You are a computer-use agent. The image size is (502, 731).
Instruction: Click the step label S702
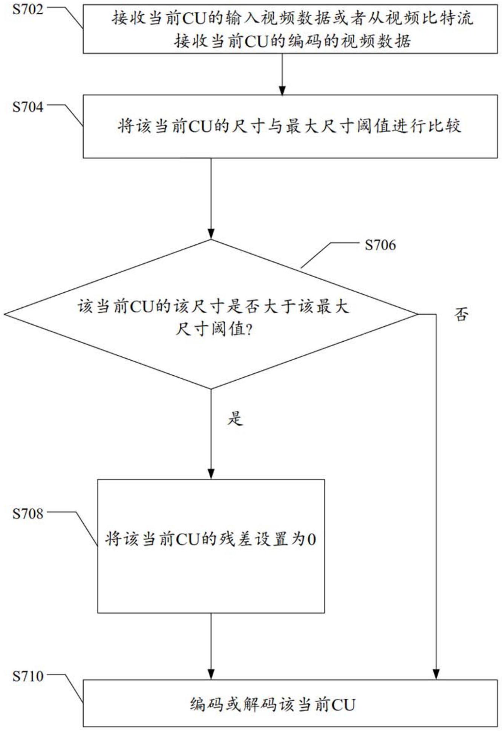tap(28, 9)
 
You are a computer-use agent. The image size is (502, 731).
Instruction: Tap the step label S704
tap(28, 107)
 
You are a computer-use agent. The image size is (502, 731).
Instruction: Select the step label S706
tap(380, 245)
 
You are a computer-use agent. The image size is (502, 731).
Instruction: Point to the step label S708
tap(28, 513)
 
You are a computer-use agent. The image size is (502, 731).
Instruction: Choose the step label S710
tap(28, 676)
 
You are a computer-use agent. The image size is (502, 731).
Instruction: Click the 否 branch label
tap(461, 314)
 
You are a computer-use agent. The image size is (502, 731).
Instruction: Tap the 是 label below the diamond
tap(235, 418)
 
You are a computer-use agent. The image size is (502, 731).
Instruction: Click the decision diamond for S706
tap(211, 314)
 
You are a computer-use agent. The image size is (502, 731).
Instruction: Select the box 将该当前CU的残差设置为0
tap(211, 546)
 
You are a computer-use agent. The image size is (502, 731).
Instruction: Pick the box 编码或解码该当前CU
tap(290, 703)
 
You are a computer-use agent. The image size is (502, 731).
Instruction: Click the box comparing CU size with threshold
tap(290, 126)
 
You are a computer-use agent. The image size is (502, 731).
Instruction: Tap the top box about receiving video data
tap(290, 29)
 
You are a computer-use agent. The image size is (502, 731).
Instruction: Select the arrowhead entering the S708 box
tap(211, 474)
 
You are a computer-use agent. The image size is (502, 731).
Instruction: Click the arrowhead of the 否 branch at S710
tap(436, 675)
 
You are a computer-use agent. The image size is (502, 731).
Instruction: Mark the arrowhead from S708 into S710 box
tap(211, 675)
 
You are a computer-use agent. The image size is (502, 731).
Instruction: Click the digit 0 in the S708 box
tap(312, 539)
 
